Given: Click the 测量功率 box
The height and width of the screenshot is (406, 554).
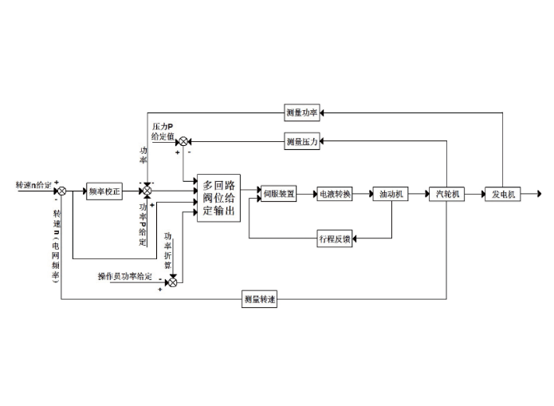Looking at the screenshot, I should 302,113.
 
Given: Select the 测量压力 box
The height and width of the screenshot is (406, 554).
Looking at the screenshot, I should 302,141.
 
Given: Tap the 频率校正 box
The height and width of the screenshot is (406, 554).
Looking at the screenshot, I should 104,192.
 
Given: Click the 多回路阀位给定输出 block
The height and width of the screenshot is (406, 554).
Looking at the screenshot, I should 218,198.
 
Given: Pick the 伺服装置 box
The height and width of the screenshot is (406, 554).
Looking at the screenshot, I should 279,193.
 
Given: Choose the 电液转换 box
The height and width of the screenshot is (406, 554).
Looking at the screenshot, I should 335,193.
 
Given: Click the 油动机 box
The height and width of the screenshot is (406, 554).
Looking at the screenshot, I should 391,193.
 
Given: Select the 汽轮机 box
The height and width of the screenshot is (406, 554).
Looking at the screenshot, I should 446,193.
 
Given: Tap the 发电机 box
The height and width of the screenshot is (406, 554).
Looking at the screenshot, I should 502,193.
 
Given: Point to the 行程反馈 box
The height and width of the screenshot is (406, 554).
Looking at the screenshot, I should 335,238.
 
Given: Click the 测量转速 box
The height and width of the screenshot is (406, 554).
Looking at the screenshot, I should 261,299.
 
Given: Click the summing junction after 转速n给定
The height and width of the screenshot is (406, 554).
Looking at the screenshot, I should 61,191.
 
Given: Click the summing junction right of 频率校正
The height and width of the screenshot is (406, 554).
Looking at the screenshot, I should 147,192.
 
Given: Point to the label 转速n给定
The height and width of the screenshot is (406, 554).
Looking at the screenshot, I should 33,185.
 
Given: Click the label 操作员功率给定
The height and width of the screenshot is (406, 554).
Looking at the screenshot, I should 126,276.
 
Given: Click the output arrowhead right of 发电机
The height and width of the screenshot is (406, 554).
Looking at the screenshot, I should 538,193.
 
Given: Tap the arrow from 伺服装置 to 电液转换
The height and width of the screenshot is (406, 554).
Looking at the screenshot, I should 307,193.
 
